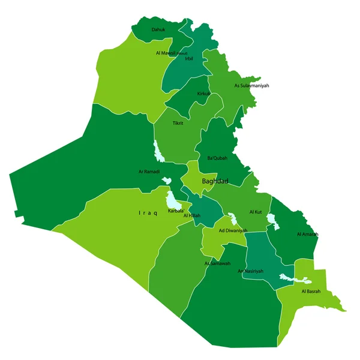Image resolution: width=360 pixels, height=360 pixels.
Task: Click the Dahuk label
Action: [158, 29]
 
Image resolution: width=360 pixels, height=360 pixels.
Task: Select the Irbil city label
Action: [189, 59]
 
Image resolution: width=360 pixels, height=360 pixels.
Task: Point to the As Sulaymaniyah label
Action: [251, 86]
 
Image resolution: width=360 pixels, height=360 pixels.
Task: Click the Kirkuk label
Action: [204, 94]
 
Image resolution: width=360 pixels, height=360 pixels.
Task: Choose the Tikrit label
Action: [178, 123]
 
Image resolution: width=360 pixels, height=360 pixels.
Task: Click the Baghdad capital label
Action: [215, 181]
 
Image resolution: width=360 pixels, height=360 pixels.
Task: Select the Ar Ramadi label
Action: [149, 172]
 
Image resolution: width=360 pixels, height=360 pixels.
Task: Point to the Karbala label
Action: [176, 211]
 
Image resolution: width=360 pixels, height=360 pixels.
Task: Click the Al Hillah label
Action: [192, 215]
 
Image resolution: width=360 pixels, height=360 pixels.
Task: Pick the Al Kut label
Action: [256, 212]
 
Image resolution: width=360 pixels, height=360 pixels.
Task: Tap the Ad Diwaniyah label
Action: [233, 230]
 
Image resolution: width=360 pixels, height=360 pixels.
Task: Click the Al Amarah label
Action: [307, 234]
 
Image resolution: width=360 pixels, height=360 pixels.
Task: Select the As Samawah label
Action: [217, 263]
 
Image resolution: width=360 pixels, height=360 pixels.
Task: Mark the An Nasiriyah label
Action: [250, 271]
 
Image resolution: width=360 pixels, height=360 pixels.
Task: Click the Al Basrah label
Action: [311, 292]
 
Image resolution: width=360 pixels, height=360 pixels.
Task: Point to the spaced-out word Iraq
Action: [148, 213]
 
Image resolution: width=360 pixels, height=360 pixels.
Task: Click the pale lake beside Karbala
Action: [172, 197]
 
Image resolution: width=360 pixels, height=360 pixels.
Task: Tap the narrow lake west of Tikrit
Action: [158, 152]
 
